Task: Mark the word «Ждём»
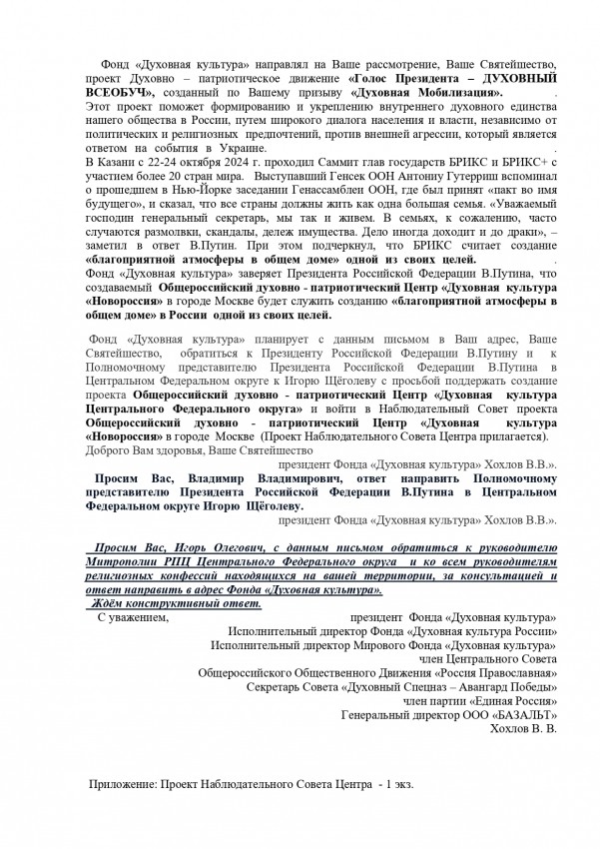[x=109, y=605]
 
